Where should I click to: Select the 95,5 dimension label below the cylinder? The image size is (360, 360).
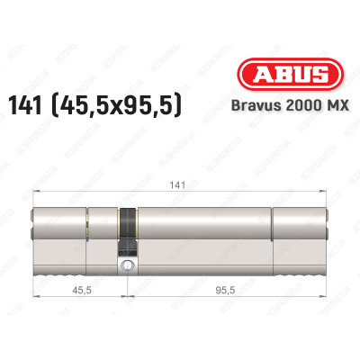click(228, 291)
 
